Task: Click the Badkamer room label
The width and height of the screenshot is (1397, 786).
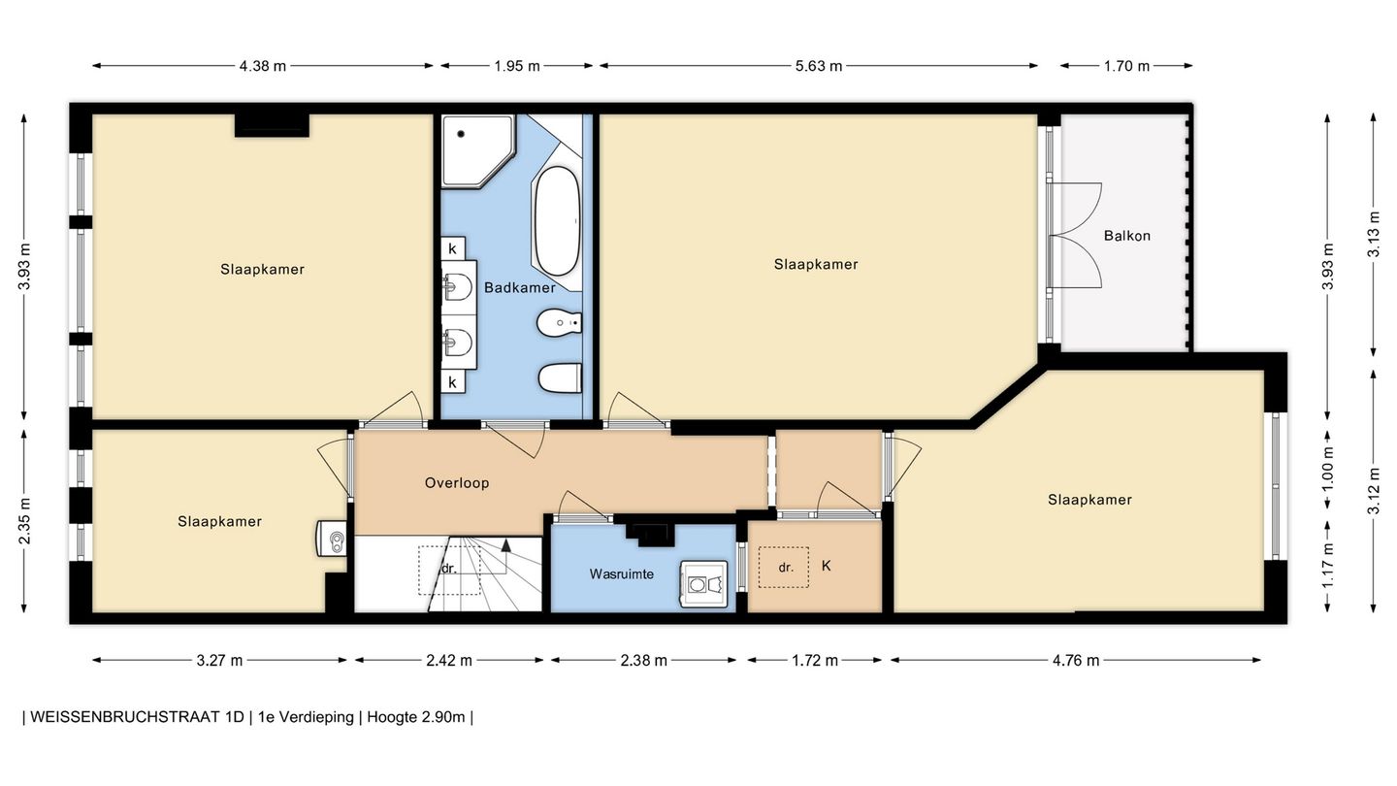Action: tap(520, 287)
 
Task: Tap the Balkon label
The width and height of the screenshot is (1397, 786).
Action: tap(1127, 236)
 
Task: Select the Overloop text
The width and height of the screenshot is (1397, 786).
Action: tap(457, 483)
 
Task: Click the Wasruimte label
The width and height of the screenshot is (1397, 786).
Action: tap(622, 573)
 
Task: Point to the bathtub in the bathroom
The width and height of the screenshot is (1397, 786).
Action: tap(557, 221)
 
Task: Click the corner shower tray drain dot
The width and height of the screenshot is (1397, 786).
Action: tap(462, 134)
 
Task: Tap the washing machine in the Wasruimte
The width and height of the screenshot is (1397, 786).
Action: tap(703, 583)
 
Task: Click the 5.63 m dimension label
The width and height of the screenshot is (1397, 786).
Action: tap(818, 66)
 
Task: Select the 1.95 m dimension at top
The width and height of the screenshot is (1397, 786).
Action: tap(517, 66)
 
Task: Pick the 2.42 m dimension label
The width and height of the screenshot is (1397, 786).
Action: tap(449, 660)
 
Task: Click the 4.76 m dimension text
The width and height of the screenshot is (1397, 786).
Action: tap(1076, 660)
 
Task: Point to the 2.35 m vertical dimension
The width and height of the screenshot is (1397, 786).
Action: tap(24, 521)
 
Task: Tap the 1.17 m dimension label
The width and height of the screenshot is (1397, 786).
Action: tap(1328, 566)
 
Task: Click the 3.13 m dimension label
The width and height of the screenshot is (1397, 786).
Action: tap(1374, 234)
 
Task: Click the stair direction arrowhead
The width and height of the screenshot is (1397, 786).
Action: tap(505, 545)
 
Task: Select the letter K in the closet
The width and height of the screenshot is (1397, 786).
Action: tap(827, 566)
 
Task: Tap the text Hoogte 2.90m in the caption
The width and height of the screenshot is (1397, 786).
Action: tap(416, 717)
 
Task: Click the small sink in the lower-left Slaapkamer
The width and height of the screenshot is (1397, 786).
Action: tap(331, 539)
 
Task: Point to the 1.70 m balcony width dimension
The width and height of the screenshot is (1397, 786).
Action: tap(1126, 66)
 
